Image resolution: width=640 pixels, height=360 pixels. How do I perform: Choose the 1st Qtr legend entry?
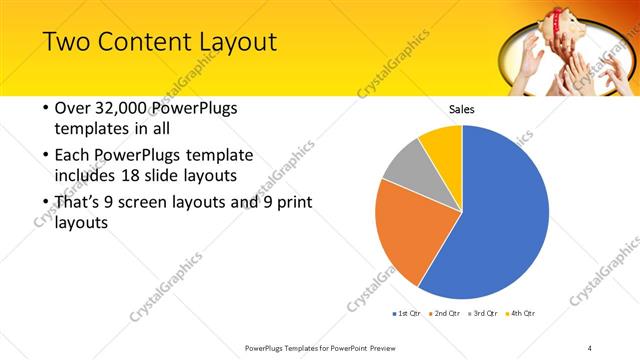pyautogui.click(x=408, y=314)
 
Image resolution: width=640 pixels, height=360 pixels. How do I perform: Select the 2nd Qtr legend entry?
pyautogui.click(x=443, y=314)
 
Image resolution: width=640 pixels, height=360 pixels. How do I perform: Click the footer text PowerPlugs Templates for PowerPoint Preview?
pyautogui.click(x=320, y=347)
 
